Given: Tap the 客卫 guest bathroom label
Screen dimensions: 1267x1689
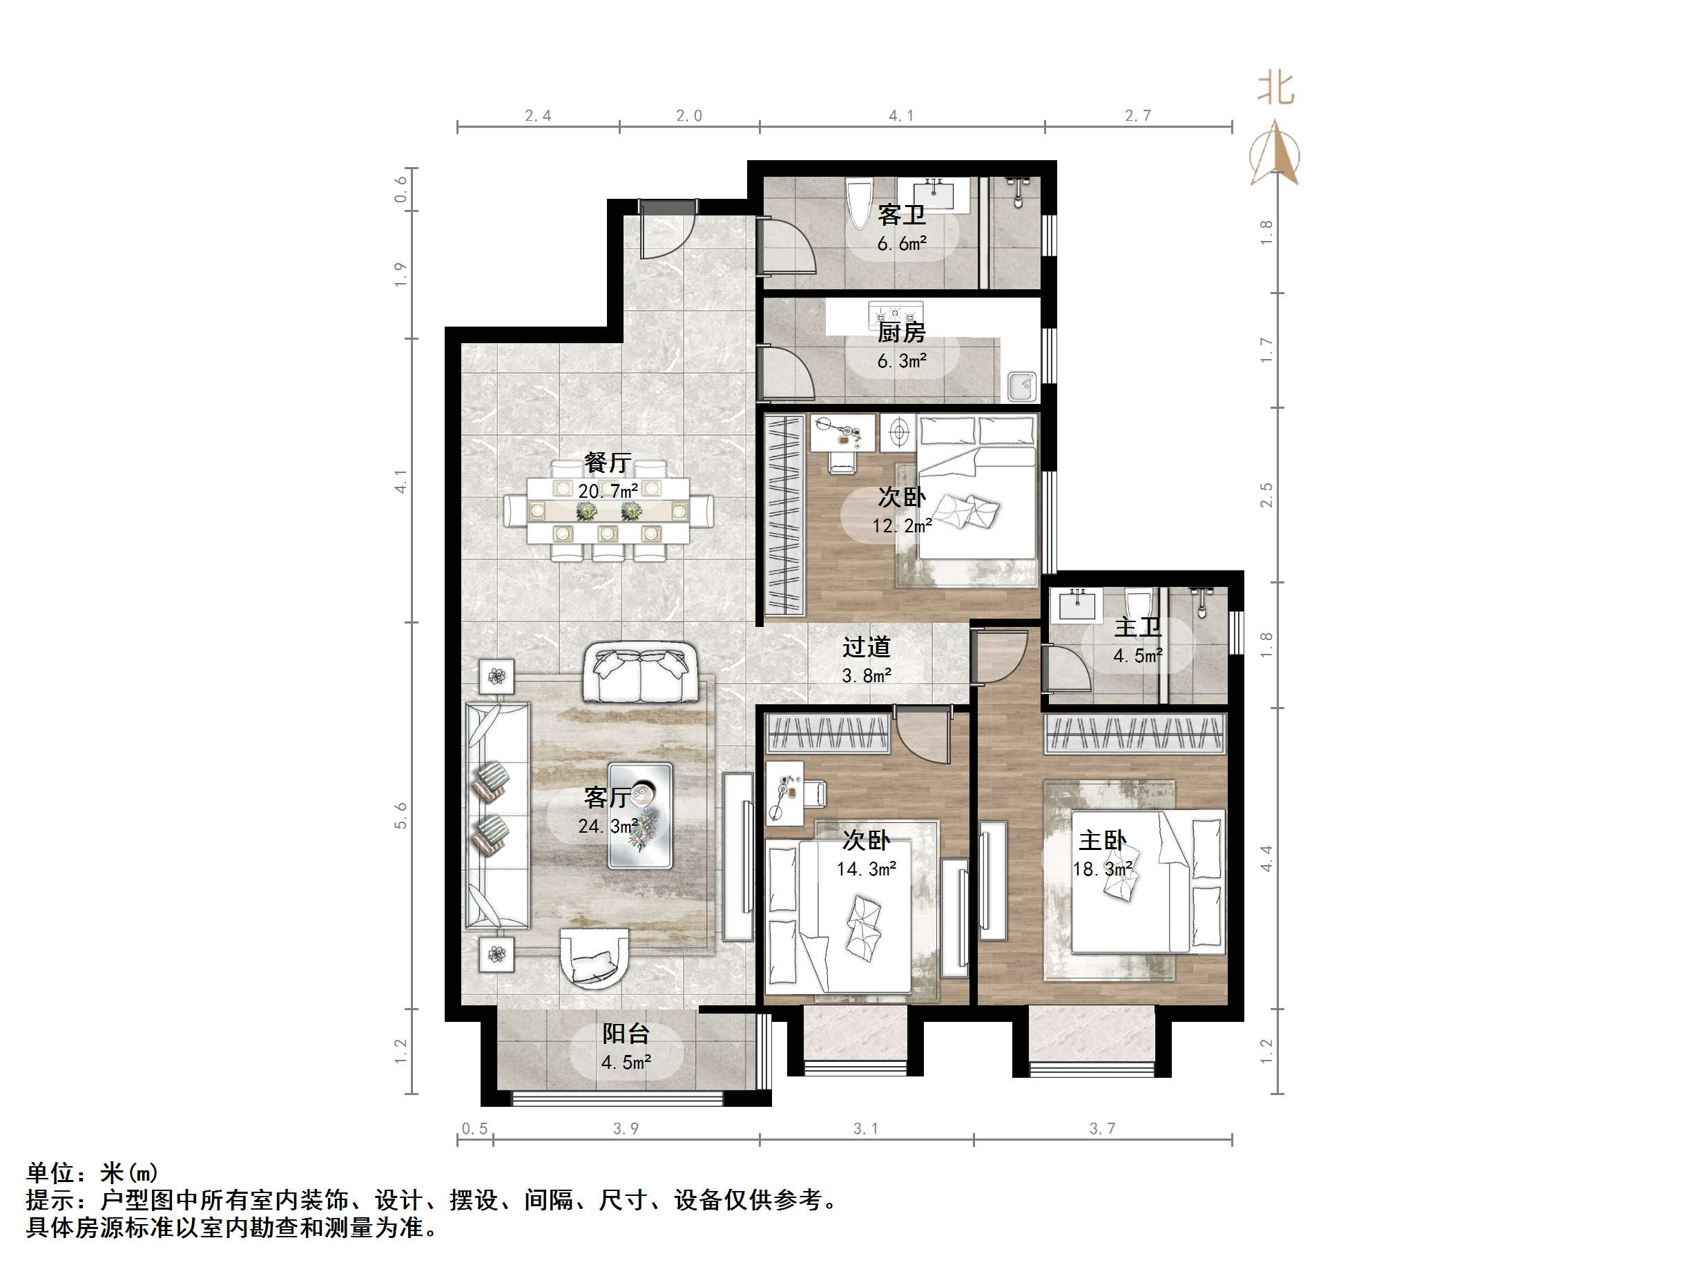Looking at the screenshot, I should point(901,215).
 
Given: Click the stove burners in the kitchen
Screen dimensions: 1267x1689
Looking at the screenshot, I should point(896,313).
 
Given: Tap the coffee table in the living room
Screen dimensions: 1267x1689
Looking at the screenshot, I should point(640,815).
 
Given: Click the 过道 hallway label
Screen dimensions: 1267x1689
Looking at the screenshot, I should point(866,647).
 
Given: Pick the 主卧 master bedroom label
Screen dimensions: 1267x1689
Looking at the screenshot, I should point(1102,841).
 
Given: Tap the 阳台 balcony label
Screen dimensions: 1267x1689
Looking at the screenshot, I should point(626,1034).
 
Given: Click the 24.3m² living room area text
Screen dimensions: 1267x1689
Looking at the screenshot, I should point(608,826).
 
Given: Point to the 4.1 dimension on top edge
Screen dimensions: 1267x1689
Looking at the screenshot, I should point(901,116).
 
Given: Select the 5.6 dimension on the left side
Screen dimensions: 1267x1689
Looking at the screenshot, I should point(401,815).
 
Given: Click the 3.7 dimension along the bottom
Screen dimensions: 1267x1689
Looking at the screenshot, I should point(1102,1129).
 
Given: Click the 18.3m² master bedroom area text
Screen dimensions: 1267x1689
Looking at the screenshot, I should point(1102,869).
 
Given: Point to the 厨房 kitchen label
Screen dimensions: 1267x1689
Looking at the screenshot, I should point(901,333).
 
